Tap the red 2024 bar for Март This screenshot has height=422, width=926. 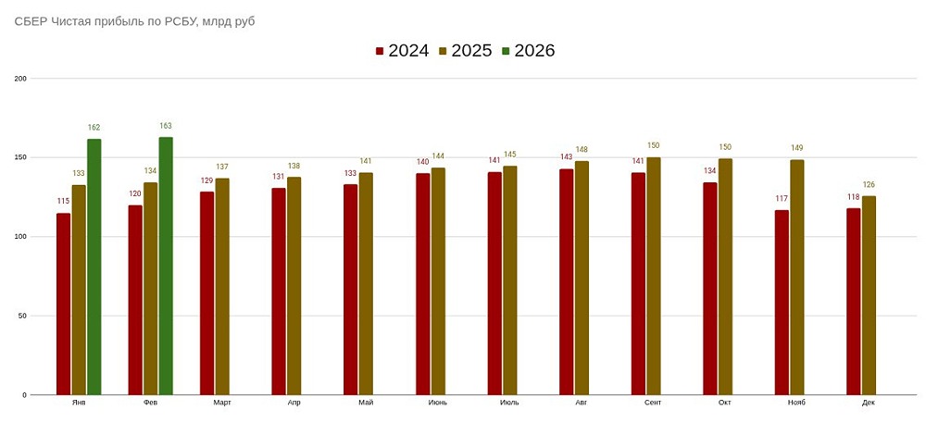coord(206,293)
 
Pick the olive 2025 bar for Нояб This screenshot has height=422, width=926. coord(797,278)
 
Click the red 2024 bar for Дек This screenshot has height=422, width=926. coord(854,302)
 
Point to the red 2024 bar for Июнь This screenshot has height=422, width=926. coord(422,284)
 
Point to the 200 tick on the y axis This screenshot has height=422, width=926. coord(19,79)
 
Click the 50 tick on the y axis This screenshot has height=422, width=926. coord(21,316)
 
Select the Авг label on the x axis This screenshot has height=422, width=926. coord(581,403)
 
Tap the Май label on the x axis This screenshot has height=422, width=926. coord(366,403)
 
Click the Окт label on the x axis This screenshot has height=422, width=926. coord(724,403)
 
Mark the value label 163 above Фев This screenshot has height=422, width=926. coord(166,126)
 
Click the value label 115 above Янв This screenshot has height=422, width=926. coord(63,202)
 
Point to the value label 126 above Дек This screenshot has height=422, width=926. coord(869,185)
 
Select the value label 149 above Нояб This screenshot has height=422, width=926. coord(797,148)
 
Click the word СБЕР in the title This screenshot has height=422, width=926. coord(31,20)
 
